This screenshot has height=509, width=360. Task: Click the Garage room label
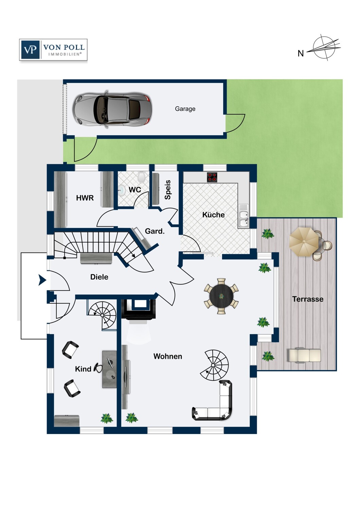[x=185, y=109]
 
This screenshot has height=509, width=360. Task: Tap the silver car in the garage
[x=112, y=110]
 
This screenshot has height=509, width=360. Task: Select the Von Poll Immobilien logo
[x=53, y=50]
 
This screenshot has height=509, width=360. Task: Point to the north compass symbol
[x=321, y=48]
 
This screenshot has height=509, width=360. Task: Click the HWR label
[x=85, y=198]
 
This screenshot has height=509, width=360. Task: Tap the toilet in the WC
[x=142, y=176]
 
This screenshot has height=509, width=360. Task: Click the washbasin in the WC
[x=122, y=190]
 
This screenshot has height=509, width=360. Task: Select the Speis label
[x=168, y=190]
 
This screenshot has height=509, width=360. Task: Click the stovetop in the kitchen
[x=212, y=177]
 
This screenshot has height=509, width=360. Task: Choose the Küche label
[x=213, y=215]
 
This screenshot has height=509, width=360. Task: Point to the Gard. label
[x=155, y=231]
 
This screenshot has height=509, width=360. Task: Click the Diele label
[x=99, y=277]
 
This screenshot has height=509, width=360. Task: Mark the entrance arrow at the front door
[x=42, y=280]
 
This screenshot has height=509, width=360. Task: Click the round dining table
[x=221, y=296]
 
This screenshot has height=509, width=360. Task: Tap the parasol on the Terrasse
[x=304, y=242]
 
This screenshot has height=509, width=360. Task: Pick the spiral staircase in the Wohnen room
[x=214, y=365]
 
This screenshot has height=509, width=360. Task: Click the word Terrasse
[x=308, y=299]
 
